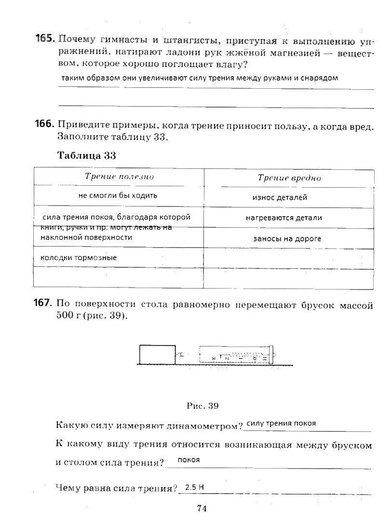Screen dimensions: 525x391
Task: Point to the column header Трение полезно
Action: pos(119,177)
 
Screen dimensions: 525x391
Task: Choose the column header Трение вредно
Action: pos(289,178)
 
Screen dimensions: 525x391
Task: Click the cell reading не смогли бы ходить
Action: pos(118,195)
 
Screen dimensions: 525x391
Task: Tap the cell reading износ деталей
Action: pos(280,197)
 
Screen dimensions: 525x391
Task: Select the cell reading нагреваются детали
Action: pos(284,218)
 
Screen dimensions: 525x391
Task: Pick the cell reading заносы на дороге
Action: pos(287,238)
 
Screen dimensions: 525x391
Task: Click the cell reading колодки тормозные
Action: pos(79,258)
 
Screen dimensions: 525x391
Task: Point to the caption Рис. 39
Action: pos(202,406)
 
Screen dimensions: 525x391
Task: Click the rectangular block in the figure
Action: pos(157,354)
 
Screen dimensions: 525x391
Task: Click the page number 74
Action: pos(202,508)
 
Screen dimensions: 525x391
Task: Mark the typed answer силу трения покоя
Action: pos(281,423)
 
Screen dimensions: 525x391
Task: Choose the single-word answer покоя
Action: pos(189,460)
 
